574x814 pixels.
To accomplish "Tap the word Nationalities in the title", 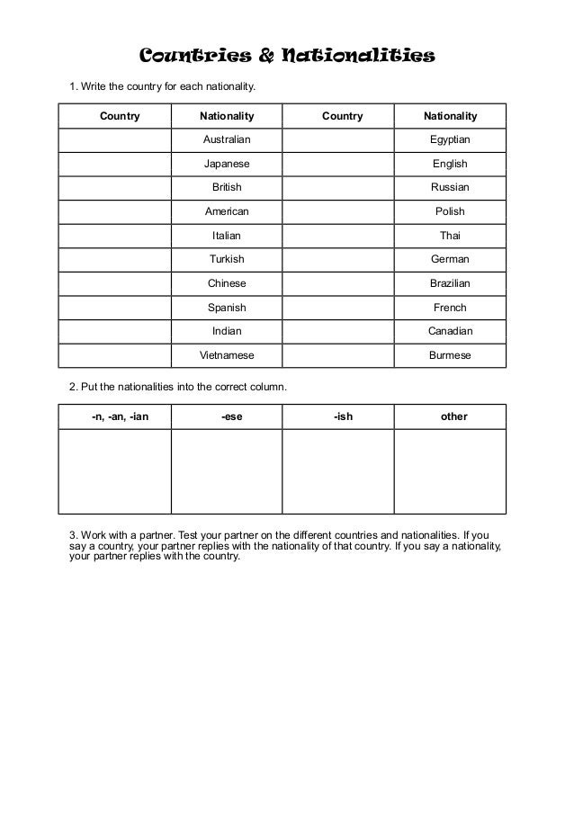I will [359, 58].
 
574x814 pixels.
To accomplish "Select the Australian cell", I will [227, 140].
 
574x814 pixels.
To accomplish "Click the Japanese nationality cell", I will [227, 164].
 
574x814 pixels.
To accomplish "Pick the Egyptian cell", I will [450, 140].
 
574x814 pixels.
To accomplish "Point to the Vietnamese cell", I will [227, 355].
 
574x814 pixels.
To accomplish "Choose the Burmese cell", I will [450, 355].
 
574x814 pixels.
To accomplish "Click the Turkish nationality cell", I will [227, 259].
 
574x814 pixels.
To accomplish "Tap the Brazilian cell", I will [450, 283].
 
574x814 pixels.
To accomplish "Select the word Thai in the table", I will [450, 236].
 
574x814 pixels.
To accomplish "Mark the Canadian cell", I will [450, 331].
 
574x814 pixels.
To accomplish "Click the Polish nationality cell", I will [450, 211].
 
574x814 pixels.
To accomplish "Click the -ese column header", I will [231, 416].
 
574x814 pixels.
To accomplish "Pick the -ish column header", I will [343, 416].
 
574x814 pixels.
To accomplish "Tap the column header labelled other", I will [454, 416].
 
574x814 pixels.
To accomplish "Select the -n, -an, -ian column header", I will [121, 416].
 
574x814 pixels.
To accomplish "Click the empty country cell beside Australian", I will [115, 140].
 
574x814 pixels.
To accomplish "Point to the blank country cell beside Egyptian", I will [338, 140].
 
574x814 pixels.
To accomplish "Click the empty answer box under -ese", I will [227, 471].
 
